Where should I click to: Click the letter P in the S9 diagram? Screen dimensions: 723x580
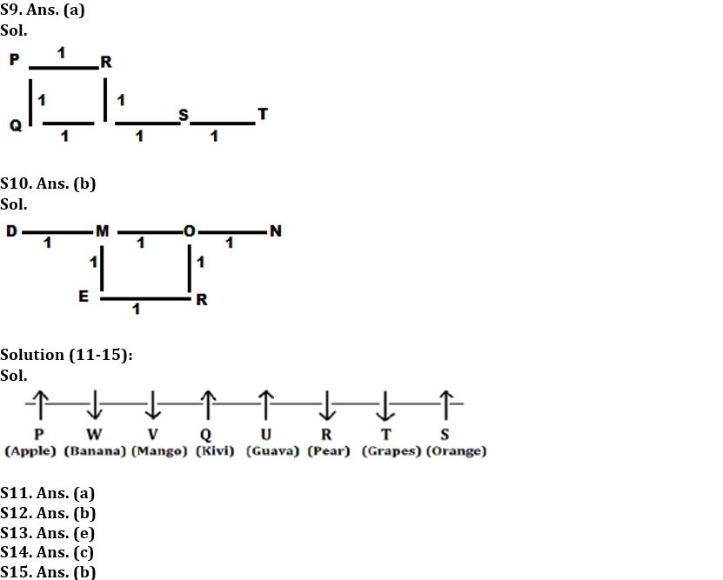[15, 59]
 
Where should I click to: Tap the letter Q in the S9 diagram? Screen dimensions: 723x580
[16, 125]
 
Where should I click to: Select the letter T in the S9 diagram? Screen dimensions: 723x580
[263, 114]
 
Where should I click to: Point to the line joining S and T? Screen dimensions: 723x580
[223, 123]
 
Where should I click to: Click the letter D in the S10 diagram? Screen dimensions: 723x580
[11, 230]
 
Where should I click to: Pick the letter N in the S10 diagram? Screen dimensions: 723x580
[276, 230]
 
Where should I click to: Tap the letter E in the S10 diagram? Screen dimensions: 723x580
[84, 296]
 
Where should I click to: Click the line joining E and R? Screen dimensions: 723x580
[145, 299]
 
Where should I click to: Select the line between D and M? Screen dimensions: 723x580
[57, 232]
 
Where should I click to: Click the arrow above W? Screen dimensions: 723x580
[95, 404]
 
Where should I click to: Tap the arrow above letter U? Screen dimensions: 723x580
[265, 405]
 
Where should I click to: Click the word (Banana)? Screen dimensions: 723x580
[95, 450]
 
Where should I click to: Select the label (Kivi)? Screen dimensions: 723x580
[215, 450]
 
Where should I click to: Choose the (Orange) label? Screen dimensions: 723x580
[457, 450]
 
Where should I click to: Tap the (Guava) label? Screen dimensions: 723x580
[273, 450]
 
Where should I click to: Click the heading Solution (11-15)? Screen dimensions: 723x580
[66, 355]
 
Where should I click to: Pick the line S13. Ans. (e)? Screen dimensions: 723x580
[48, 532]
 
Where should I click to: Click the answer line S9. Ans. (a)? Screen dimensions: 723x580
[43, 10]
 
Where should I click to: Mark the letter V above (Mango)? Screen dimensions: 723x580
[152, 434]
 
